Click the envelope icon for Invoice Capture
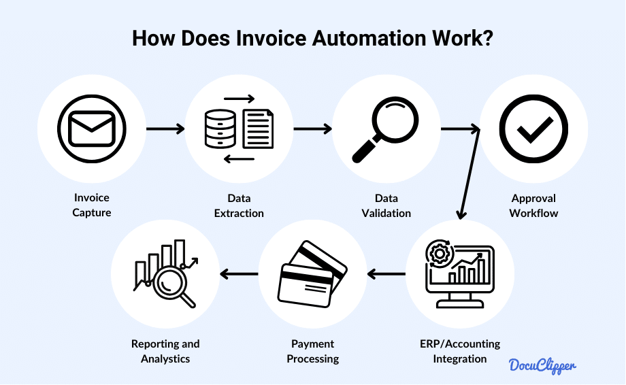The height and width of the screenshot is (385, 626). point(92,128)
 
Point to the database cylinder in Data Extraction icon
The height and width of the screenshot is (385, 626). point(219,129)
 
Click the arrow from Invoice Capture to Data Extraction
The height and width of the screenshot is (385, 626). point(165,128)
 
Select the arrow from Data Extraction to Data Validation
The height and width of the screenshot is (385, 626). point(312,128)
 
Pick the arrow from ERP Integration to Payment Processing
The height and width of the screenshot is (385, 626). point(386,275)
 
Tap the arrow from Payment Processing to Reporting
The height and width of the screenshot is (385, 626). point(239,275)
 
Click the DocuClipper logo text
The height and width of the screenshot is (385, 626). point(543,365)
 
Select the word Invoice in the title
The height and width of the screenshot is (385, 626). point(271,38)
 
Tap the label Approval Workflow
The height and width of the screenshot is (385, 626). point(533,205)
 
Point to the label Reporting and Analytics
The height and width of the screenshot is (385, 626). point(165,351)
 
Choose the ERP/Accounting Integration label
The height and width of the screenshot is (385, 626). point(460,351)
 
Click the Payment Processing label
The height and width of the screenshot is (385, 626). point(313,351)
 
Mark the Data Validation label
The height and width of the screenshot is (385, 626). point(386,205)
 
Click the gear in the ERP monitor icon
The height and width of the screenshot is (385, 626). point(439,254)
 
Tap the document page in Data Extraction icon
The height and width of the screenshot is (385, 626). point(258,130)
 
